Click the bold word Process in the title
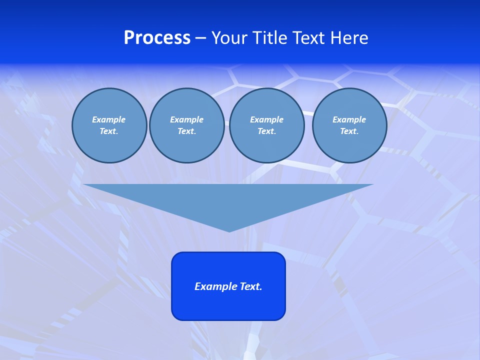click(x=157, y=38)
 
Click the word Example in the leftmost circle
click(x=109, y=119)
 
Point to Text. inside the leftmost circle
click(x=109, y=131)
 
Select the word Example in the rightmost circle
click(x=349, y=119)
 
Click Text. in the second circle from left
click(x=186, y=131)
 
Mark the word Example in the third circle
click(x=266, y=119)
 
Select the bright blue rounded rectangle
click(x=228, y=305)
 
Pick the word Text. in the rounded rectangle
click(x=251, y=286)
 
